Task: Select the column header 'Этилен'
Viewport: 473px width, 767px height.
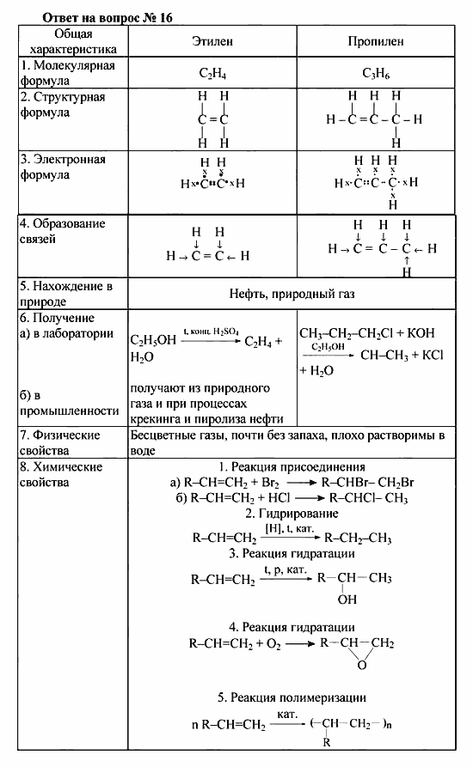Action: [212, 41]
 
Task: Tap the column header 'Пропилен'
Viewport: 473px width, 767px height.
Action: [375, 41]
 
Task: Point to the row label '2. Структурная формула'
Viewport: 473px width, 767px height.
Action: [64, 105]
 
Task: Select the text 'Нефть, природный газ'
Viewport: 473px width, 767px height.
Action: [292, 293]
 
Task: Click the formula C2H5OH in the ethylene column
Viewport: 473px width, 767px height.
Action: [153, 340]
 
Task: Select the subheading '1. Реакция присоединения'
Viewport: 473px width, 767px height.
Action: [292, 467]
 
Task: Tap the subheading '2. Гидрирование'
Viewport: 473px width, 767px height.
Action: [292, 513]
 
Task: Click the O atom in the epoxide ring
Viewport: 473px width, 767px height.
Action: [362, 664]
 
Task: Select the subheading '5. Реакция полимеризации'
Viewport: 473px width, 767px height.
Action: [292, 697]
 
